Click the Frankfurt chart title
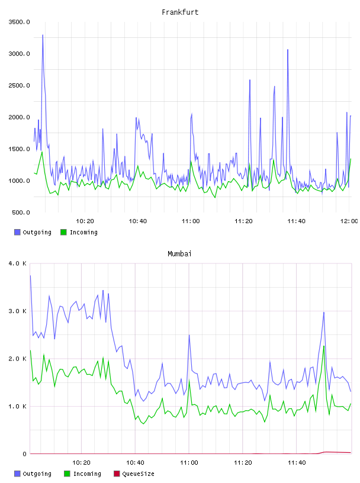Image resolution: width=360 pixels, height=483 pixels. click(x=180, y=12)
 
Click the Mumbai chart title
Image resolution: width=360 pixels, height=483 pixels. click(x=179, y=254)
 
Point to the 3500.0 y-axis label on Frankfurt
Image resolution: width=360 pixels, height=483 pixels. click(x=19, y=22)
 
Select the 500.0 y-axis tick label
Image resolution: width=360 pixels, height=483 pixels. click(x=21, y=212)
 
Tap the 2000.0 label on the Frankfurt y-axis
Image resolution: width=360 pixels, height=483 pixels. click(x=19, y=117)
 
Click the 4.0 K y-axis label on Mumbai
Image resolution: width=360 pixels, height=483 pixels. click(x=18, y=263)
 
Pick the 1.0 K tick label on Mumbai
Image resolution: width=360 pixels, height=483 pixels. click(x=18, y=407)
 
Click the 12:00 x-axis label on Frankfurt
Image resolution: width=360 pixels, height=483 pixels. click(x=349, y=221)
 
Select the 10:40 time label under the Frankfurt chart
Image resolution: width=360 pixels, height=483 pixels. click(x=138, y=221)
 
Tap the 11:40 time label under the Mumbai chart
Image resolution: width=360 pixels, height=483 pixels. click(x=297, y=463)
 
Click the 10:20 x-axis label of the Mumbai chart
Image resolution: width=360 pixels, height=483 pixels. click(x=81, y=463)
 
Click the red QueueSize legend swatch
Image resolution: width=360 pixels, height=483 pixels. click(x=117, y=474)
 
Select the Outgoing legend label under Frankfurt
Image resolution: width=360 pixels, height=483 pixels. click(x=37, y=232)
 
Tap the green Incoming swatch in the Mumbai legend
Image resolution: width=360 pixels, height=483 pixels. click(x=67, y=474)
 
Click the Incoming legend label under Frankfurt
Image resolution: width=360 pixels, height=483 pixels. click(x=83, y=232)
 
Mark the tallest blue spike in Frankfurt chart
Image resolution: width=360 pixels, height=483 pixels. click(x=43, y=35)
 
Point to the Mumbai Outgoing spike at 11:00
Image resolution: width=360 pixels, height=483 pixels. click(x=189, y=335)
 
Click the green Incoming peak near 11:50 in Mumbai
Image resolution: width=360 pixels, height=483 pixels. click(x=324, y=346)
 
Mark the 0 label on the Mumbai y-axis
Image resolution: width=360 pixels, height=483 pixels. click(x=24, y=454)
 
